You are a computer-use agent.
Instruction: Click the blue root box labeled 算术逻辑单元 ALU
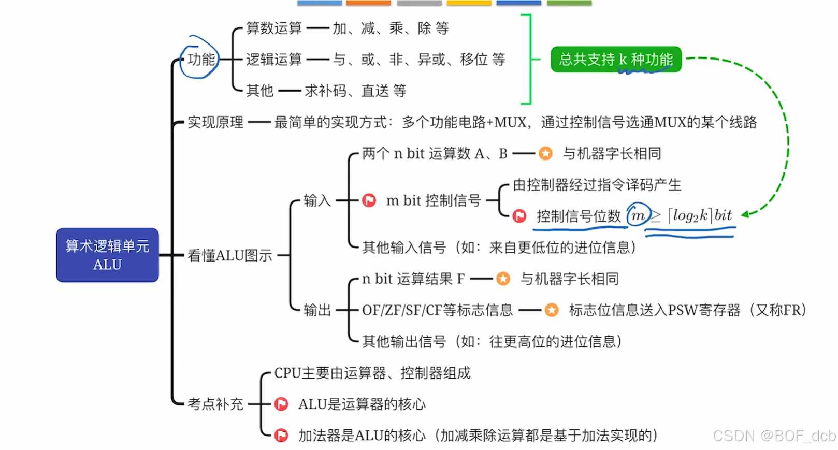[107, 255]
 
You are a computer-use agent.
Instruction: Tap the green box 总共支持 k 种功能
[615, 60]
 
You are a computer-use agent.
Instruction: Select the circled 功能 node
[201, 59]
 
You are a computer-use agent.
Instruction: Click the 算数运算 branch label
[273, 28]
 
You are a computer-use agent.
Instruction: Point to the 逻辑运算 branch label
[273, 60]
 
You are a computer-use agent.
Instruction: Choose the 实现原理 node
[215, 122]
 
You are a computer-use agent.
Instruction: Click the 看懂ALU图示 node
[229, 255]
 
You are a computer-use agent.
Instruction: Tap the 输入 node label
[317, 200]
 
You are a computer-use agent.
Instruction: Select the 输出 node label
[317, 310]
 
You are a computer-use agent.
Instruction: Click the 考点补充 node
[215, 404]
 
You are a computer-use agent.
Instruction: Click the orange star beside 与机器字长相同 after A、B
[545, 153]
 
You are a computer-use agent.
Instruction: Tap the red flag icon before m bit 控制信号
[369, 200]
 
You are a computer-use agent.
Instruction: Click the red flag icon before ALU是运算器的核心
[281, 404]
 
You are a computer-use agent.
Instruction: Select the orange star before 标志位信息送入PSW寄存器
[552, 310]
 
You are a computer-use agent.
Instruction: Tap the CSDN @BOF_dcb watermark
[774, 436]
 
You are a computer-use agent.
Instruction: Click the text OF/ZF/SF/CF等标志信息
[437, 310]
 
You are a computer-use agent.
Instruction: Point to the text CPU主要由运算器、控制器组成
[372, 373]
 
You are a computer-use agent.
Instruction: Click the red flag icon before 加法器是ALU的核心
[281, 436]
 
